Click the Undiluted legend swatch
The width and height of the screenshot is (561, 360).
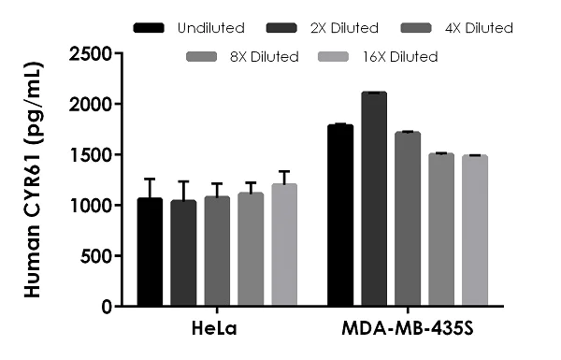(x=150, y=28)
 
